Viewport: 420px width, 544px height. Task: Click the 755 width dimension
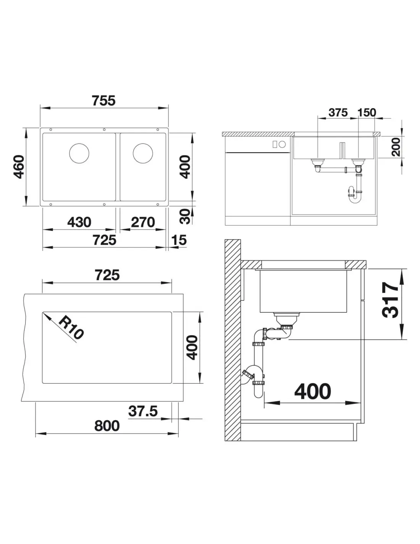(x=104, y=101)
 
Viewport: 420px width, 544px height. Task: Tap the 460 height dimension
(x=19, y=167)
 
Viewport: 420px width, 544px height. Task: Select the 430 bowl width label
(x=79, y=222)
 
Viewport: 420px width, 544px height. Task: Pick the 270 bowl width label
(x=143, y=222)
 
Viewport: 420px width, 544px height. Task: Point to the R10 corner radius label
(x=71, y=327)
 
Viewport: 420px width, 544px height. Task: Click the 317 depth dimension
(x=390, y=300)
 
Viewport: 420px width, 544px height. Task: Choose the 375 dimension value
(x=338, y=112)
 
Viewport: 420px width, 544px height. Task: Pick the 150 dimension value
(x=367, y=112)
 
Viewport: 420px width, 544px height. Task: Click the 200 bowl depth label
(x=396, y=147)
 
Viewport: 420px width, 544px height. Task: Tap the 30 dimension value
(x=185, y=217)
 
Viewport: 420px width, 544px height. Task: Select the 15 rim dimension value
(x=179, y=240)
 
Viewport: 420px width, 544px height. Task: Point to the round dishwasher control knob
(x=282, y=144)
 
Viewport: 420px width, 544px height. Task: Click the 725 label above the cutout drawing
(x=107, y=275)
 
